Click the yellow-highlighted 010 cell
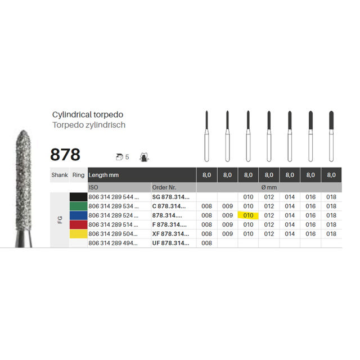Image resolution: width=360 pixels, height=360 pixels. pos(248,215)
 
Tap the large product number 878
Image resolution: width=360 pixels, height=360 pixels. pos(65,154)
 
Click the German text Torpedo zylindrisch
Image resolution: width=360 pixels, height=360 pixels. pos(88,125)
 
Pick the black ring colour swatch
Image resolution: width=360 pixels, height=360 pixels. pos(78,197)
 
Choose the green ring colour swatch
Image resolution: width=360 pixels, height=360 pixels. pos(78,206)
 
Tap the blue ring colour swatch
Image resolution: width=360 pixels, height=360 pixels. pos(78,215)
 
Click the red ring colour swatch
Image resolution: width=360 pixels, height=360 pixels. pos(78,224)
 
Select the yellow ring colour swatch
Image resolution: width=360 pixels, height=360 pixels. pos(78,233)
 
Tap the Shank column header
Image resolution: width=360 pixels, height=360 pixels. pos(60,175)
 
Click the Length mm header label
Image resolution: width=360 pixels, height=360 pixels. pos(104,175)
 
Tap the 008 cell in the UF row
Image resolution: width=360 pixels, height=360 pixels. pos(207,243)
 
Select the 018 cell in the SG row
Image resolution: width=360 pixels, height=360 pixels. pos(331,197)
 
